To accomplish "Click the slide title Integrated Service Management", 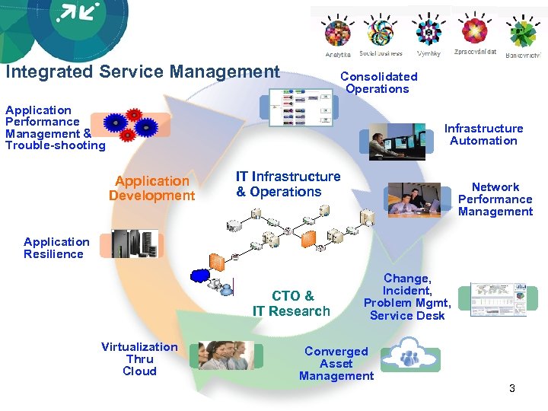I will tap(142, 72).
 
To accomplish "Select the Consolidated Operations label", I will tap(378, 82).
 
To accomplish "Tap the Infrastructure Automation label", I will tap(483, 135).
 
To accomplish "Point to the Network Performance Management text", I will tap(495, 199).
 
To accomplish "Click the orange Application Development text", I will tap(151, 188).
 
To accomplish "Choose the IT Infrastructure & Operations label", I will tap(288, 184).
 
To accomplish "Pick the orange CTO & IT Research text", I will tap(292, 303).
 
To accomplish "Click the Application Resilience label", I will tap(56, 248).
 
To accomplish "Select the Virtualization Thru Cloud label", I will tap(139, 359).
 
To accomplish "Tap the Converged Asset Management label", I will tap(336, 364).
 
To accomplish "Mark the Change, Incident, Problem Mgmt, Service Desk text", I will tap(407, 297).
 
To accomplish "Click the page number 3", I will tap(512, 389).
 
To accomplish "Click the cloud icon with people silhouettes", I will tap(410, 355).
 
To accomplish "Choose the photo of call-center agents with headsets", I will tap(226, 355).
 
